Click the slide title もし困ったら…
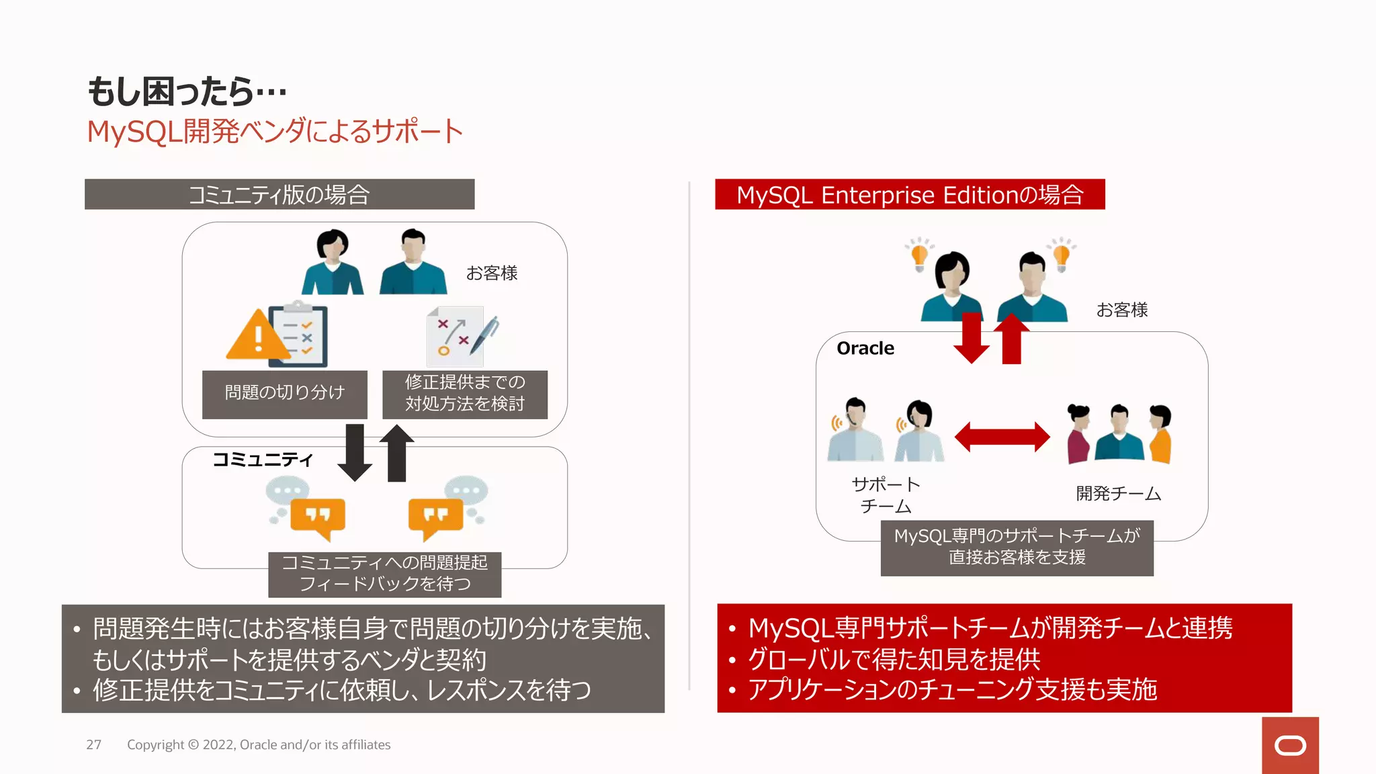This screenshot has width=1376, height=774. [187, 91]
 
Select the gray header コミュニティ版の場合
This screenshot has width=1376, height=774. [279, 195]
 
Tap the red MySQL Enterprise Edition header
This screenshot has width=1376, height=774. [909, 195]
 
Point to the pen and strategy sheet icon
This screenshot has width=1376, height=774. [463, 335]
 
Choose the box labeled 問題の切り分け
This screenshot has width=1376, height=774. [284, 394]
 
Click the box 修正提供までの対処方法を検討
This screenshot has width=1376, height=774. [464, 394]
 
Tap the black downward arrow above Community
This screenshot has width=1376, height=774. [354, 452]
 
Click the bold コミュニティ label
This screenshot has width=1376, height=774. [262, 460]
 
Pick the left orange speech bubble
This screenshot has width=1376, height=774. [318, 517]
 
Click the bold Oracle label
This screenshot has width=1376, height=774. [865, 348]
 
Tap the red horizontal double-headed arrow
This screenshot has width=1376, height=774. [1001, 437]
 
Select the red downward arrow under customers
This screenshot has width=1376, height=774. [971, 338]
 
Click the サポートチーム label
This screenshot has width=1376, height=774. [886, 495]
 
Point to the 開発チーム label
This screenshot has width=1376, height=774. [1118, 494]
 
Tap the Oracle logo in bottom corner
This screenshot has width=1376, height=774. [1289, 745]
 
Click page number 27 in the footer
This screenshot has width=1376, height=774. [93, 744]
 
